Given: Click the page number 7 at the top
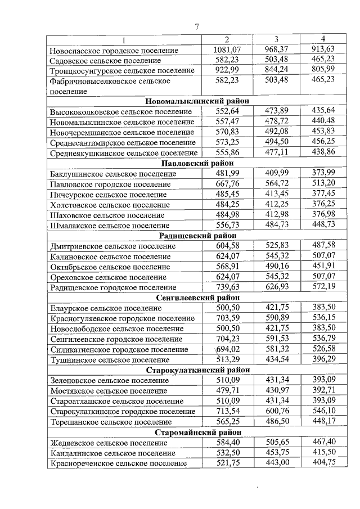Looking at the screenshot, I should tap(197, 26).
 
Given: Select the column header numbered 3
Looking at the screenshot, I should tap(276, 39).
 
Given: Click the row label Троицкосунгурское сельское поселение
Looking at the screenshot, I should tap(122, 70).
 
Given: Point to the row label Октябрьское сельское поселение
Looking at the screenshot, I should tap(110, 267).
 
